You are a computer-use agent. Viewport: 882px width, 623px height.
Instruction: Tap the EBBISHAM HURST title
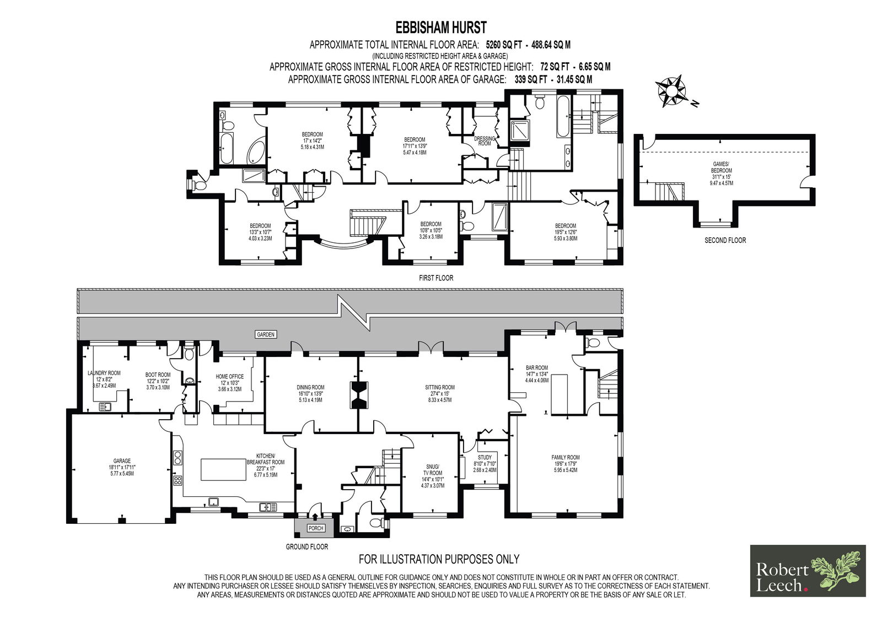click(x=441, y=28)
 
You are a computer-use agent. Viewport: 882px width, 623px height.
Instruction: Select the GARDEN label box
click(x=266, y=334)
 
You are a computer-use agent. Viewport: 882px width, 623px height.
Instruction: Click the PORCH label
click(x=316, y=528)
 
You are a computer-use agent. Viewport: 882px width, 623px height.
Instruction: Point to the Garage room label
click(x=122, y=467)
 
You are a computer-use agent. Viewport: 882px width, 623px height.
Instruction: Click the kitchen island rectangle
click(x=224, y=469)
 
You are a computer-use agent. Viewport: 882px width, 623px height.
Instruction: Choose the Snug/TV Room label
click(x=433, y=476)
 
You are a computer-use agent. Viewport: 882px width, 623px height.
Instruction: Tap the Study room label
click(x=485, y=464)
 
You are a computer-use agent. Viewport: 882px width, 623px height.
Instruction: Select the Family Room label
click(x=566, y=464)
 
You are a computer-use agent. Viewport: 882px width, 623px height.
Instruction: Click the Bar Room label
click(x=537, y=374)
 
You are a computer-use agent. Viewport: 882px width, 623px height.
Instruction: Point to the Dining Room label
click(x=311, y=393)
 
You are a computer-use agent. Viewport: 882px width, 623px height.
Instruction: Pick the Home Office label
click(x=229, y=383)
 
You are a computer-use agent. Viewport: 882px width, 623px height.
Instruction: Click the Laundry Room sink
click(x=105, y=407)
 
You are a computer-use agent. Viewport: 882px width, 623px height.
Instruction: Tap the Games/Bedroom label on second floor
click(x=722, y=174)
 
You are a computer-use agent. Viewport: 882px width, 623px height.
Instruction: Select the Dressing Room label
click(x=485, y=141)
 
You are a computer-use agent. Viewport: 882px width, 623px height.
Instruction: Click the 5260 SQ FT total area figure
click(x=504, y=45)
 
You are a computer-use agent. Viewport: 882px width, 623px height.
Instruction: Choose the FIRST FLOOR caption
click(x=436, y=278)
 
